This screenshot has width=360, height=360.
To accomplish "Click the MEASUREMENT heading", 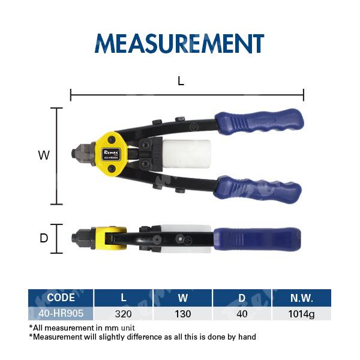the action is click(x=179, y=43).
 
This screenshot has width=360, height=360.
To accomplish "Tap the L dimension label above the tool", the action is click(x=181, y=81).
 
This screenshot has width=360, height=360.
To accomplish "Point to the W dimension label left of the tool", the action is click(x=44, y=155).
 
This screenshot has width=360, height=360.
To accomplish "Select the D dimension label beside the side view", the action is click(x=44, y=238).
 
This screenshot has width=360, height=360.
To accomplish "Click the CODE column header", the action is click(x=61, y=298).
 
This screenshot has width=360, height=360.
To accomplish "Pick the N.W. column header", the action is click(x=301, y=298).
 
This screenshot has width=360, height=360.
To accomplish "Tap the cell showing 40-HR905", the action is click(x=61, y=313).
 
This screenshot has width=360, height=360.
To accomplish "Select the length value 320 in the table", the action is click(x=123, y=314).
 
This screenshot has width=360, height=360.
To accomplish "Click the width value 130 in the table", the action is click(x=183, y=314).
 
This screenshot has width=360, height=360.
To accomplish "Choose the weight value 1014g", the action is click(x=301, y=314).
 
